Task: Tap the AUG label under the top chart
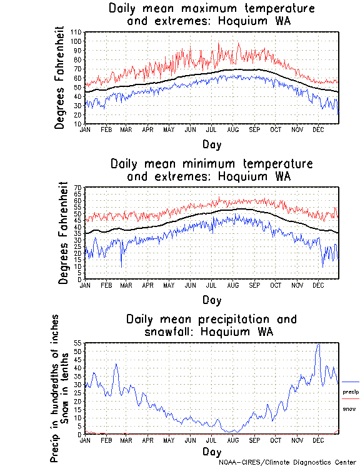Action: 233,129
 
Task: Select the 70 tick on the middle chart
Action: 79,188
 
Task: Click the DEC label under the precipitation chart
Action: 318,440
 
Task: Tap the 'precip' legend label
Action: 351,392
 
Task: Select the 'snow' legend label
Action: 349,408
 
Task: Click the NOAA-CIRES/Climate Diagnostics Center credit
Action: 289,462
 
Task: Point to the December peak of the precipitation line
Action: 319,345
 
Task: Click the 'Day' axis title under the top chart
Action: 211,144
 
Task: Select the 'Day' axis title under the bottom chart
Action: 211,452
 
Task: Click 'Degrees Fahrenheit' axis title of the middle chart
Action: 62,233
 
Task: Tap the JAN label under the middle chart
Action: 85,285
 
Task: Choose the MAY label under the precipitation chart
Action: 169,440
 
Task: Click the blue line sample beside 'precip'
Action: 351,382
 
